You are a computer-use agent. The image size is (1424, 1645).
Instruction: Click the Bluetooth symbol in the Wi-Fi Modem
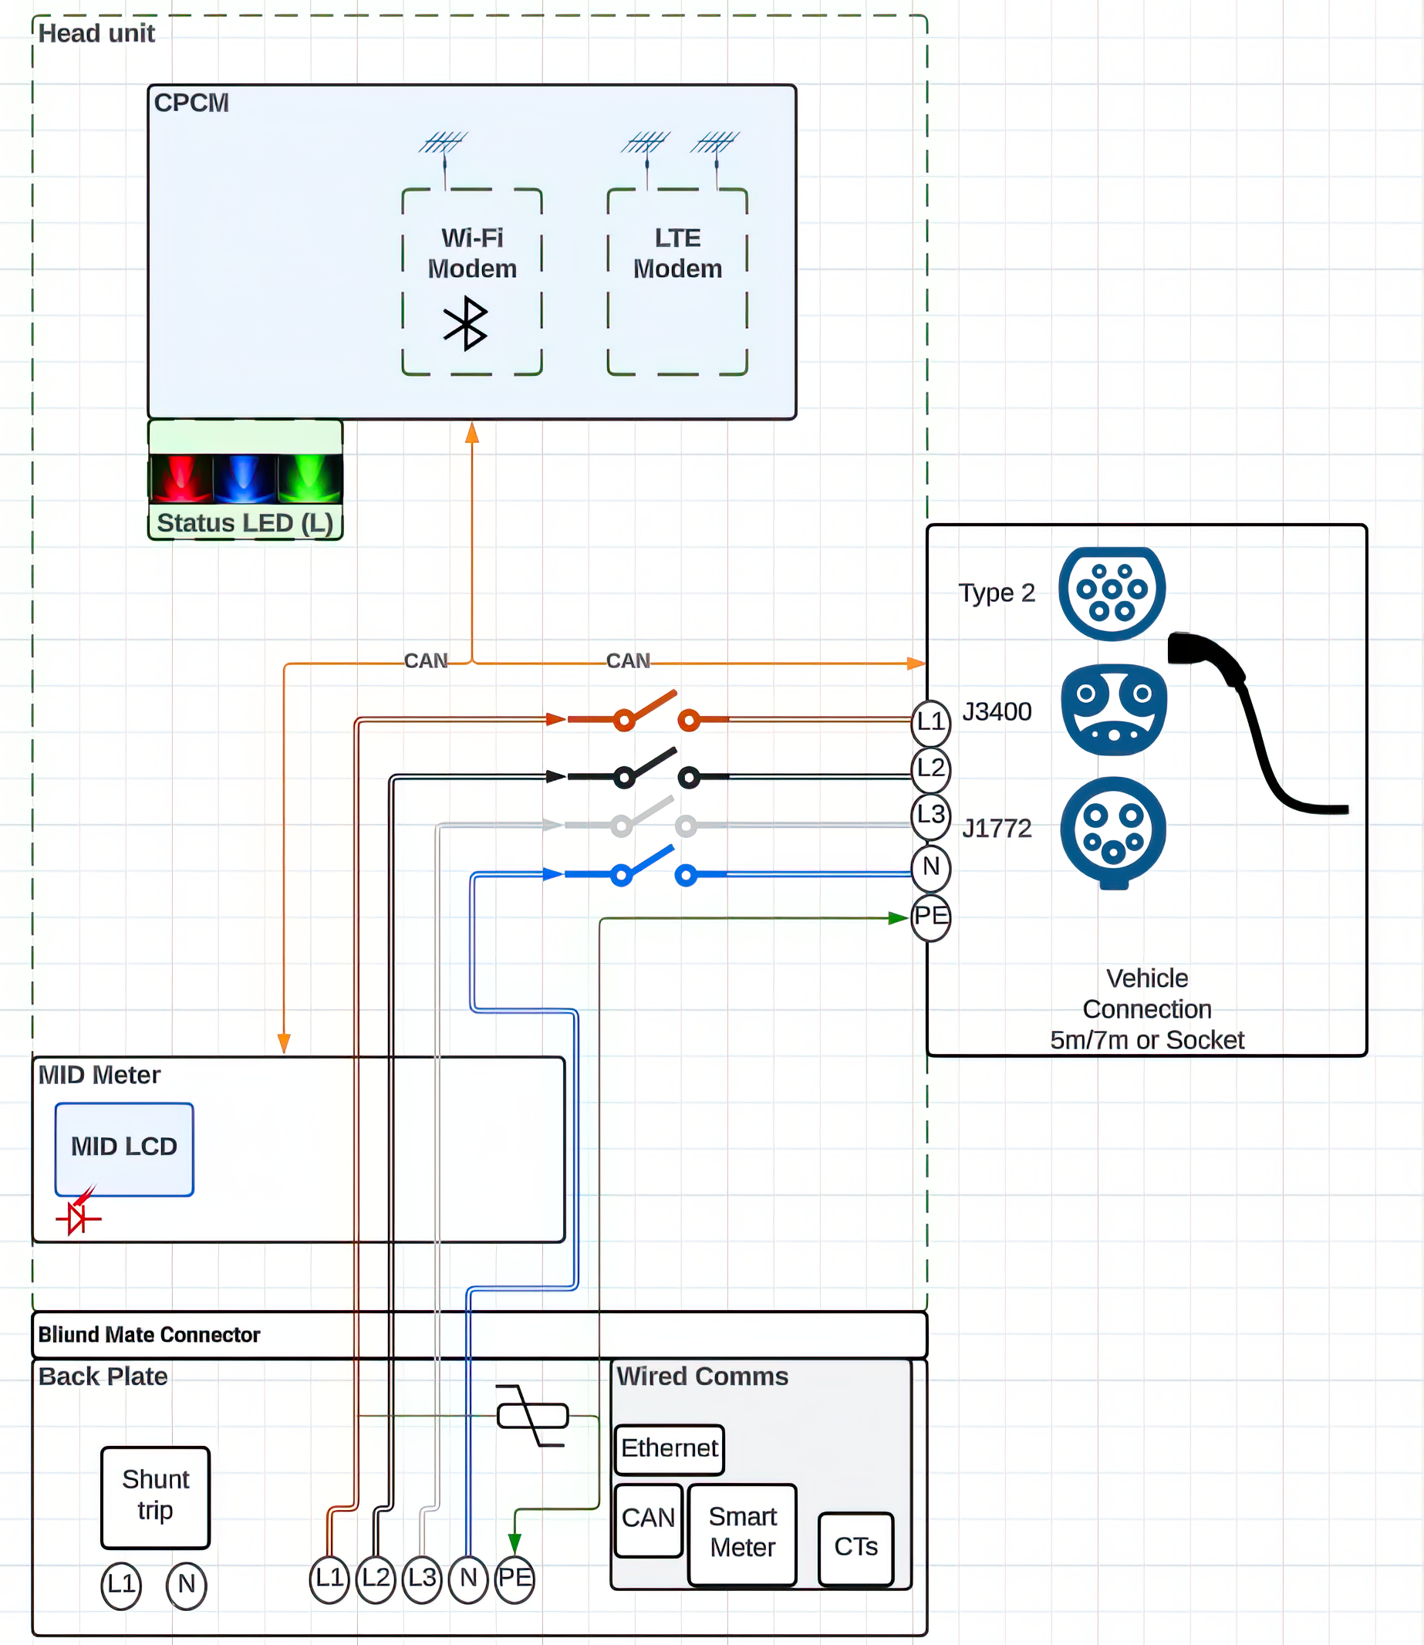(x=466, y=323)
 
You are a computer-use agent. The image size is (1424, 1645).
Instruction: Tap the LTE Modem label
(x=677, y=254)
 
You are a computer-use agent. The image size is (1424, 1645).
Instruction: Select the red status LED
(x=181, y=478)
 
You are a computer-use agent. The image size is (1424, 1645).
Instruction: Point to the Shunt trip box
(x=156, y=1496)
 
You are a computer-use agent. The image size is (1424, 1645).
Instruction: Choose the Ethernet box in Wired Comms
(x=669, y=1449)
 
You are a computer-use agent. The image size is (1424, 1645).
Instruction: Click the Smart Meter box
(x=742, y=1533)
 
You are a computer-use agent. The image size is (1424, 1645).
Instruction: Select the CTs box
(x=855, y=1547)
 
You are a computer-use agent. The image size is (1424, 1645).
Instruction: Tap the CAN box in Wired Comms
(x=649, y=1518)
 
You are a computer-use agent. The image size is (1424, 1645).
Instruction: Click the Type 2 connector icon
(x=1112, y=593)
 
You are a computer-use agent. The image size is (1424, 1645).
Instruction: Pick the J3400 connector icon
(x=1114, y=710)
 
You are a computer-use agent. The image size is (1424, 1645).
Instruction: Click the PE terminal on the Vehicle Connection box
(x=930, y=917)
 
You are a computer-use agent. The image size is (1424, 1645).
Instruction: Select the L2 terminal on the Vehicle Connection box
(x=930, y=768)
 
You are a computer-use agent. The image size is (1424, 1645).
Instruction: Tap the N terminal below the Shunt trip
(x=186, y=1585)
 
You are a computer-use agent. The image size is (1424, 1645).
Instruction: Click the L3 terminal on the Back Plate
(x=422, y=1578)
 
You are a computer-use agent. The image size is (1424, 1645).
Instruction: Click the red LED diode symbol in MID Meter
(x=78, y=1214)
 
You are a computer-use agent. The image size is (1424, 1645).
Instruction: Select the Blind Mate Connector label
(x=150, y=1335)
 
